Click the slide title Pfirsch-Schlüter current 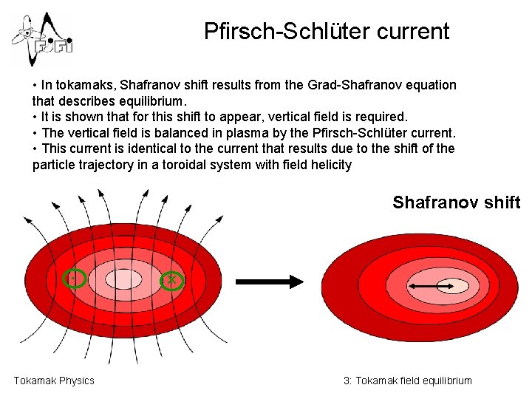click(326, 31)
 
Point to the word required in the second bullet click(376, 117)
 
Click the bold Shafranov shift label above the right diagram click(456, 202)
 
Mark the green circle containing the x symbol click(171, 279)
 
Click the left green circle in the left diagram click(75, 279)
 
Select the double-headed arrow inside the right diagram click(432, 286)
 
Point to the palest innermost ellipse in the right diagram click(454, 286)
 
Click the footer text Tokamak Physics click(54, 381)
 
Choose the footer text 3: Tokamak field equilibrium click(407, 381)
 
